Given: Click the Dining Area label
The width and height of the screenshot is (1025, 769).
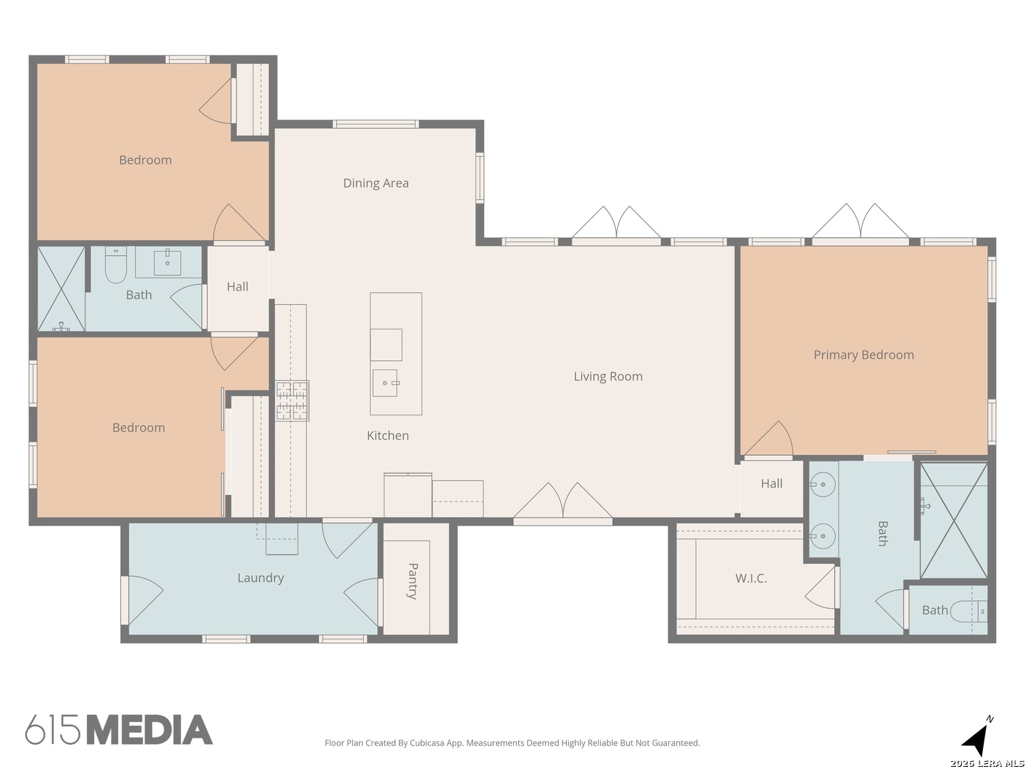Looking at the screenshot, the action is (x=375, y=183).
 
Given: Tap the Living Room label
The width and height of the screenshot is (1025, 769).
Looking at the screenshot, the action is (x=608, y=377).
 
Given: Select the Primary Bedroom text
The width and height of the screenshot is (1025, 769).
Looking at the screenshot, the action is (x=863, y=355).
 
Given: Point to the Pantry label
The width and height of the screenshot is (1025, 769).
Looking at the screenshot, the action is (x=412, y=581).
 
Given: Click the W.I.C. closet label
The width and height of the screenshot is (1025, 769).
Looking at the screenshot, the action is (x=751, y=578).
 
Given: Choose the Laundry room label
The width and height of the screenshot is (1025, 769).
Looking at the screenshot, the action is (x=261, y=578).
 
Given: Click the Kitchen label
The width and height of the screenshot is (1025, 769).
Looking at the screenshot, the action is (x=388, y=436).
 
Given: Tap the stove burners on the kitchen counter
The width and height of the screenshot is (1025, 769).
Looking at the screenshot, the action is (x=292, y=401).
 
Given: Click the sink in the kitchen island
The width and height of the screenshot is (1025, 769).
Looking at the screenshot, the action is (x=385, y=383).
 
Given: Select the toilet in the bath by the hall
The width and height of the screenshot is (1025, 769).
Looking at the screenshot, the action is (x=116, y=264).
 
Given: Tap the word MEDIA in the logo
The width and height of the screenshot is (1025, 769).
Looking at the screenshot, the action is (x=150, y=730).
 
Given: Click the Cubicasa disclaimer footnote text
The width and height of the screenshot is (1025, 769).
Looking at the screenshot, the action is (x=512, y=743).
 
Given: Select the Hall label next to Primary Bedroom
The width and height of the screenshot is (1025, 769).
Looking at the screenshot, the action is (x=772, y=483).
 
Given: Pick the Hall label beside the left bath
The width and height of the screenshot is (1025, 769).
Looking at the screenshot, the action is (x=237, y=287).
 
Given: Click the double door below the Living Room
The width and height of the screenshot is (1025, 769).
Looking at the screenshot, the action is (x=563, y=504).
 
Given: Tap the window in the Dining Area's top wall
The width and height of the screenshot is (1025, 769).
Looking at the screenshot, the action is (x=375, y=124).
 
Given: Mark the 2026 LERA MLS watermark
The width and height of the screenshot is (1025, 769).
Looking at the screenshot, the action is (x=987, y=763).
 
